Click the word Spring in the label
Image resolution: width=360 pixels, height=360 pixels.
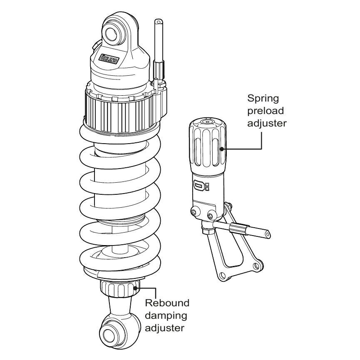click(263, 99)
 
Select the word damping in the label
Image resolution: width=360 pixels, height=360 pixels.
click(165, 315)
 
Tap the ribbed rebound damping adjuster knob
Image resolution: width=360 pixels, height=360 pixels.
click(119, 288)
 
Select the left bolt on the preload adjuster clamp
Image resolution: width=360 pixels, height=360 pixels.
click(194, 213)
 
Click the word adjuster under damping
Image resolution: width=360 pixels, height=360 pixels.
click(165, 328)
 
